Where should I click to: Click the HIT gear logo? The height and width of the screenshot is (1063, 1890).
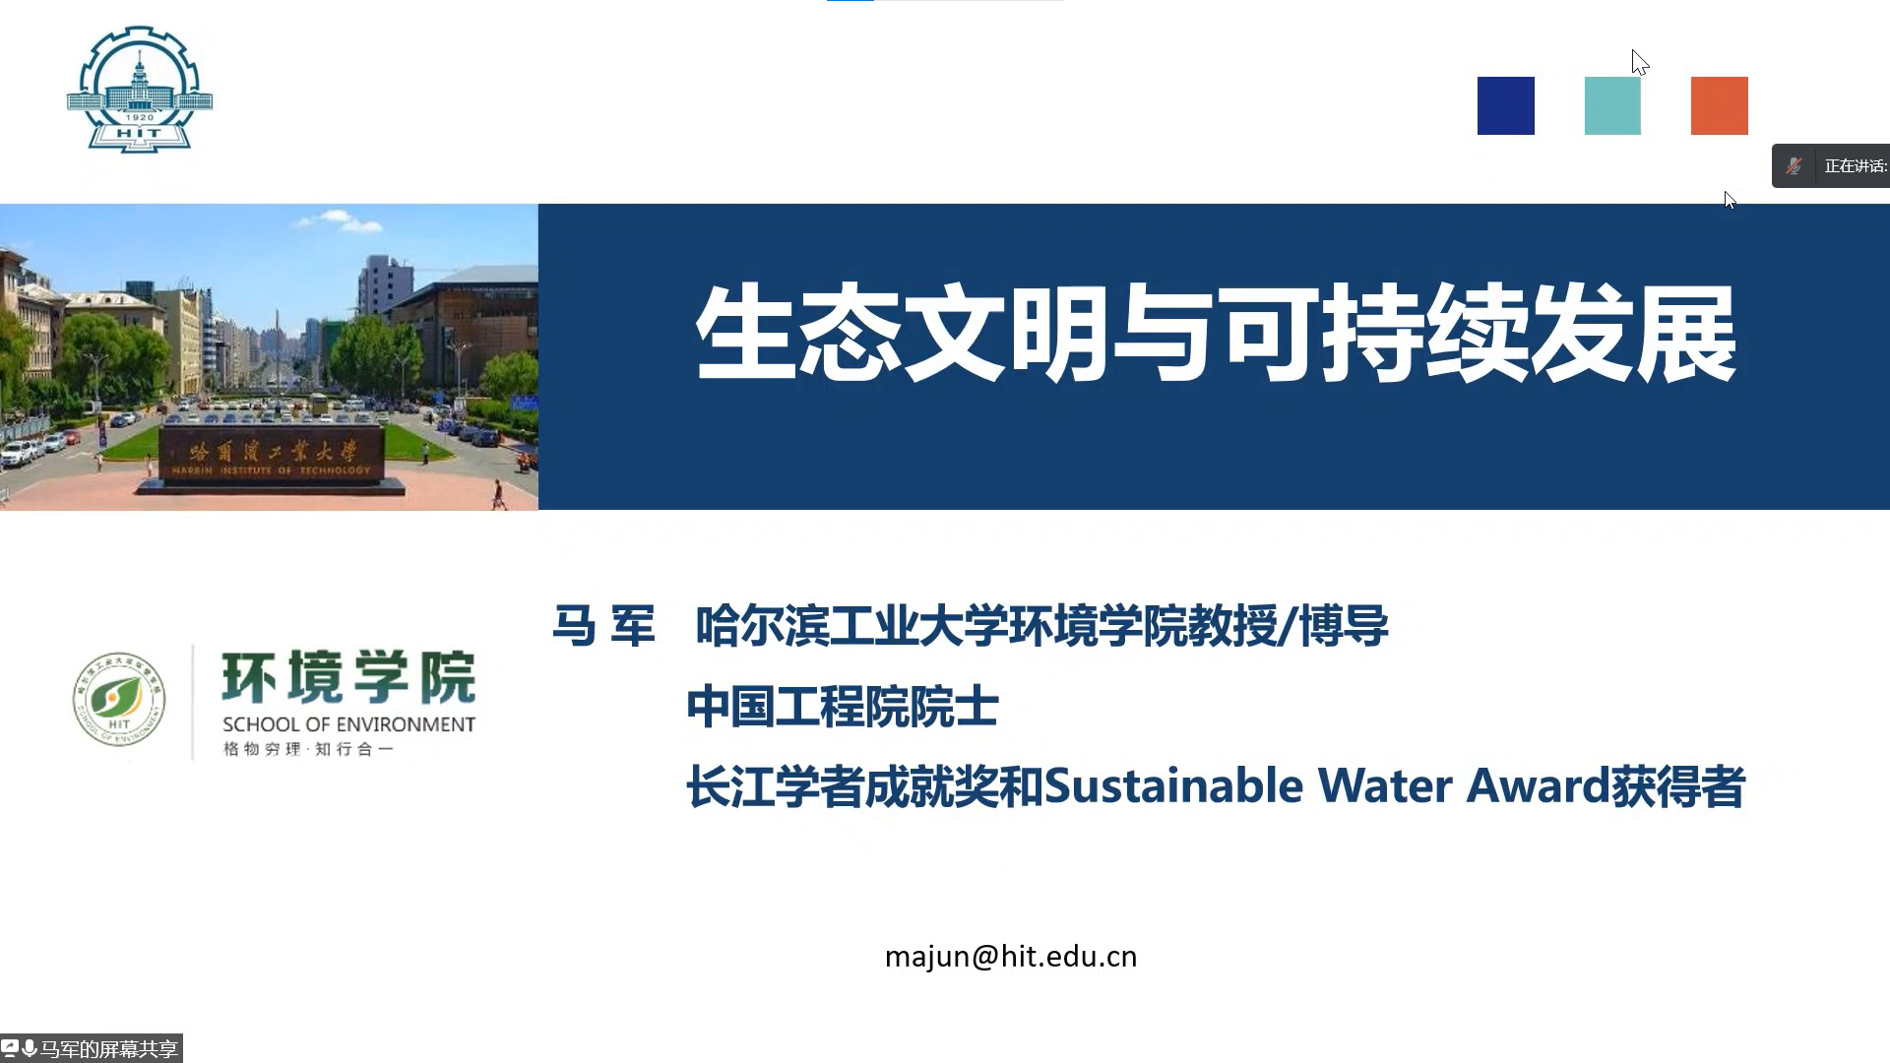pyautogui.click(x=140, y=90)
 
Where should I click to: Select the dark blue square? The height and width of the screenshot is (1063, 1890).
pyautogui.click(x=1505, y=105)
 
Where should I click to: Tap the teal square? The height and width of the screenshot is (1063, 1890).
pyautogui.click(x=1612, y=105)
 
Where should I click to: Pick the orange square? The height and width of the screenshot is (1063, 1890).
pyautogui.click(x=1719, y=105)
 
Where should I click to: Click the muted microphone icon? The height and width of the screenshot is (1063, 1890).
pyautogui.click(x=1795, y=166)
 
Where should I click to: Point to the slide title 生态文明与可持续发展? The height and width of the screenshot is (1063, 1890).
pyautogui.click(x=1216, y=333)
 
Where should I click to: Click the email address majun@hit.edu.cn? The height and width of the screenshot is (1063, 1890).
pyautogui.click(x=1011, y=957)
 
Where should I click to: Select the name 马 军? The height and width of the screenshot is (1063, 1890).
pyautogui.click(x=603, y=626)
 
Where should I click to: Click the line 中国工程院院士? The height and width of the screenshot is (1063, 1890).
pyautogui.click(x=843, y=707)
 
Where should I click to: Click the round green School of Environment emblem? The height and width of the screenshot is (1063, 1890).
pyautogui.click(x=119, y=700)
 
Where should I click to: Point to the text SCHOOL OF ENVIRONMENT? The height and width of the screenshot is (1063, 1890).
pyautogui.click(x=348, y=724)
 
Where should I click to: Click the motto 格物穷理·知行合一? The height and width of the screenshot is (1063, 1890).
pyautogui.click(x=308, y=749)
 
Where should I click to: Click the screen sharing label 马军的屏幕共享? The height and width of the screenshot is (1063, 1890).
pyautogui.click(x=109, y=1049)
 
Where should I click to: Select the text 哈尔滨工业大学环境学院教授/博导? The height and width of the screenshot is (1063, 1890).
pyautogui.click(x=1041, y=626)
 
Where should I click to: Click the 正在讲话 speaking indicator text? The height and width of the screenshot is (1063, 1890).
pyautogui.click(x=1856, y=166)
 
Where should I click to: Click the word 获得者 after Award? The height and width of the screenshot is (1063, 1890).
pyautogui.click(x=1678, y=786)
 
